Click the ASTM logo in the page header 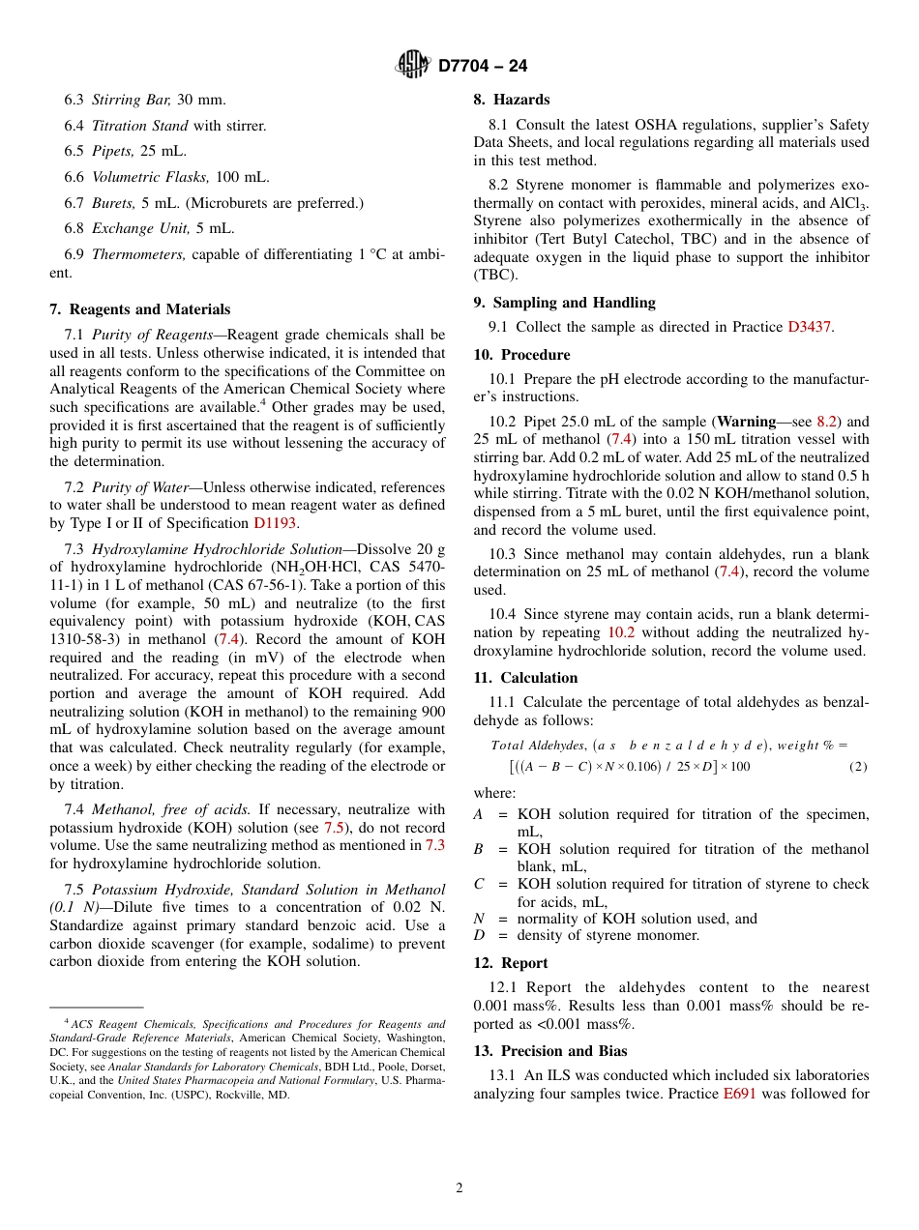click(413, 65)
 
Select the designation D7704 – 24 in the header click(483, 66)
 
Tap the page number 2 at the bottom click(459, 1187)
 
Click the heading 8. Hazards click(511, 100)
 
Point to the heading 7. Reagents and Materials click(139, 309)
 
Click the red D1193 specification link click(276, 523)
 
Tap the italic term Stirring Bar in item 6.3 click(132, 100)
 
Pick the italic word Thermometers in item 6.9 click(138, 254)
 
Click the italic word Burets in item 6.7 click(113, 203)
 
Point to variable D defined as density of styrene click(479, 935)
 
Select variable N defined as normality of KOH click(479, 919)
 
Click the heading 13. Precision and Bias click(549, 1051)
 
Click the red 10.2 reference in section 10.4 click(621, 632)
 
